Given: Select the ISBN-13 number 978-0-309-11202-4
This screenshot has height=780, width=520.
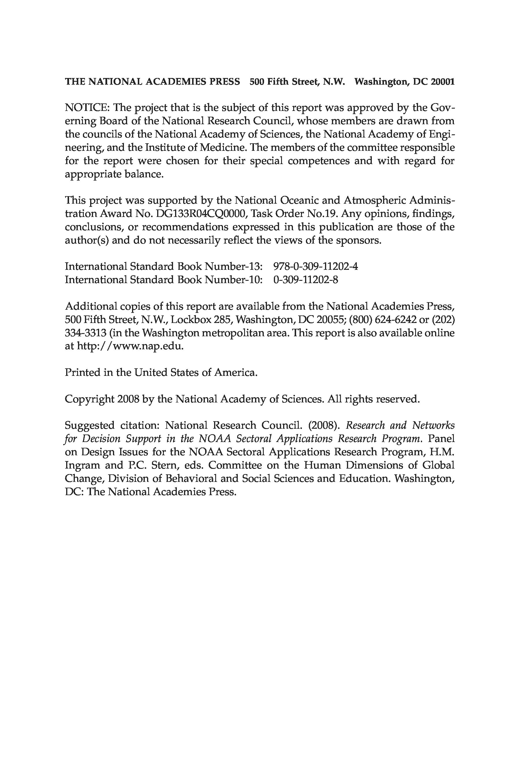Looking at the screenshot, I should [315, 267].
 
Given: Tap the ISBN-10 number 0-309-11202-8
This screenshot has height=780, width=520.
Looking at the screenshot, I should [305, 280].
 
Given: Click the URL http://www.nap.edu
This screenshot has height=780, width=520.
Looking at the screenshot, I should [130, 346].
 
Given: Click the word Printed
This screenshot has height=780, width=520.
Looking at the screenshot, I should [82, 372].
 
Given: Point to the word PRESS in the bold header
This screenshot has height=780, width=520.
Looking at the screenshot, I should [224, 81].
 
